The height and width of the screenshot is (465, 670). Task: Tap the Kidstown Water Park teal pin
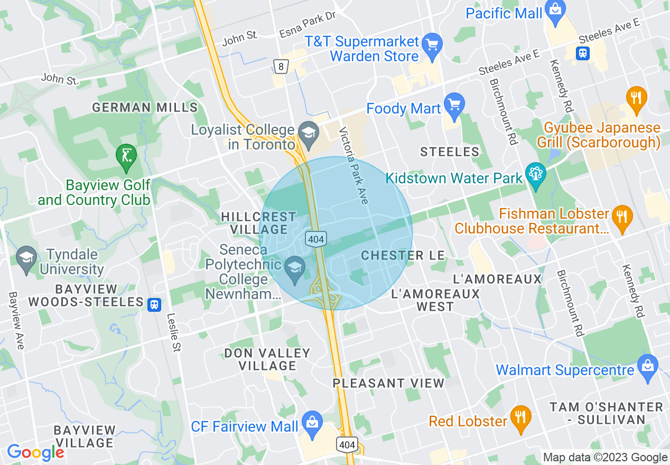click(x=535, y=176)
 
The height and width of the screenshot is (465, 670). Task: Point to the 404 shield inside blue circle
click(x=316, y=239)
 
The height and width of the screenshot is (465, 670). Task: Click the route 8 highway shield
click(x=280, y=66)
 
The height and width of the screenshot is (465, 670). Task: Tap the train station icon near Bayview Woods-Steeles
click(x=154, y=304)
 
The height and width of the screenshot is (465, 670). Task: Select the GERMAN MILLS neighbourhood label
click(x=145, y=108)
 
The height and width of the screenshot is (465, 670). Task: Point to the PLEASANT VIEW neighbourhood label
click(x=388, y=383)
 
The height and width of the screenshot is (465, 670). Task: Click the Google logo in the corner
click(x=36, y=452)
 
